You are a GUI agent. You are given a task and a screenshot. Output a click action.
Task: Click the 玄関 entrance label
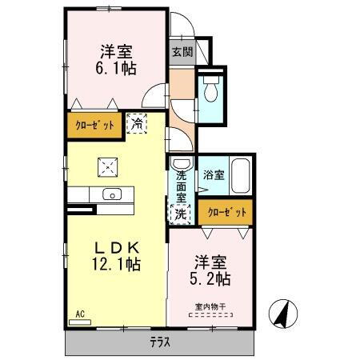point(182,52)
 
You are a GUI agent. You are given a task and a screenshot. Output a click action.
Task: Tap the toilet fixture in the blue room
point(210,90)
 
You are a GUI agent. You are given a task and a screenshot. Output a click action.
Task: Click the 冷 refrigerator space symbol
point(138,124)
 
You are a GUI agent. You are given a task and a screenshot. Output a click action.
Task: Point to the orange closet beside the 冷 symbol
point(95,125)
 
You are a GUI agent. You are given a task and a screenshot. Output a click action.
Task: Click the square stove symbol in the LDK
point(106,166)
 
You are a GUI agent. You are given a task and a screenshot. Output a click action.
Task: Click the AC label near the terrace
point(80,314)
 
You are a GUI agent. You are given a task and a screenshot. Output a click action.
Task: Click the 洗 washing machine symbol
point(182,214)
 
